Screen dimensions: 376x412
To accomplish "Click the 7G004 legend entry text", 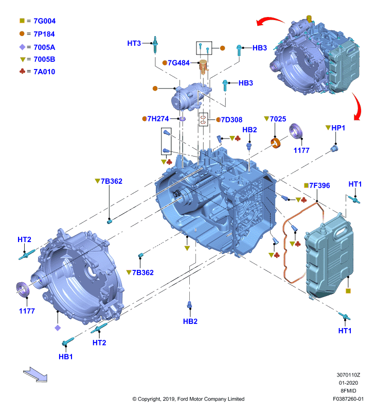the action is tap(45, 21).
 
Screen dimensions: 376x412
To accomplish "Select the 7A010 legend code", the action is tap(44, 72).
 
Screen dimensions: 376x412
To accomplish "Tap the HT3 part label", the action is tap(134, 43).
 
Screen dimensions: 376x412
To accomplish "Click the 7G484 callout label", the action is tap(178, 63).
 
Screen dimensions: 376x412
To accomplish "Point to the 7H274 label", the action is tap(158, 119).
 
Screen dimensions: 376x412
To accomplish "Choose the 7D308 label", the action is tap(231, 120).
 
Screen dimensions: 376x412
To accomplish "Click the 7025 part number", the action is tap(278, 119).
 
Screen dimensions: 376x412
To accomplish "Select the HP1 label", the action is tap(338, 128).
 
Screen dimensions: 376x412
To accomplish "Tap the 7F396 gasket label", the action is tap(319, 185).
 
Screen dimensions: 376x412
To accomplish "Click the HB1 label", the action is tap(66, 356).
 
